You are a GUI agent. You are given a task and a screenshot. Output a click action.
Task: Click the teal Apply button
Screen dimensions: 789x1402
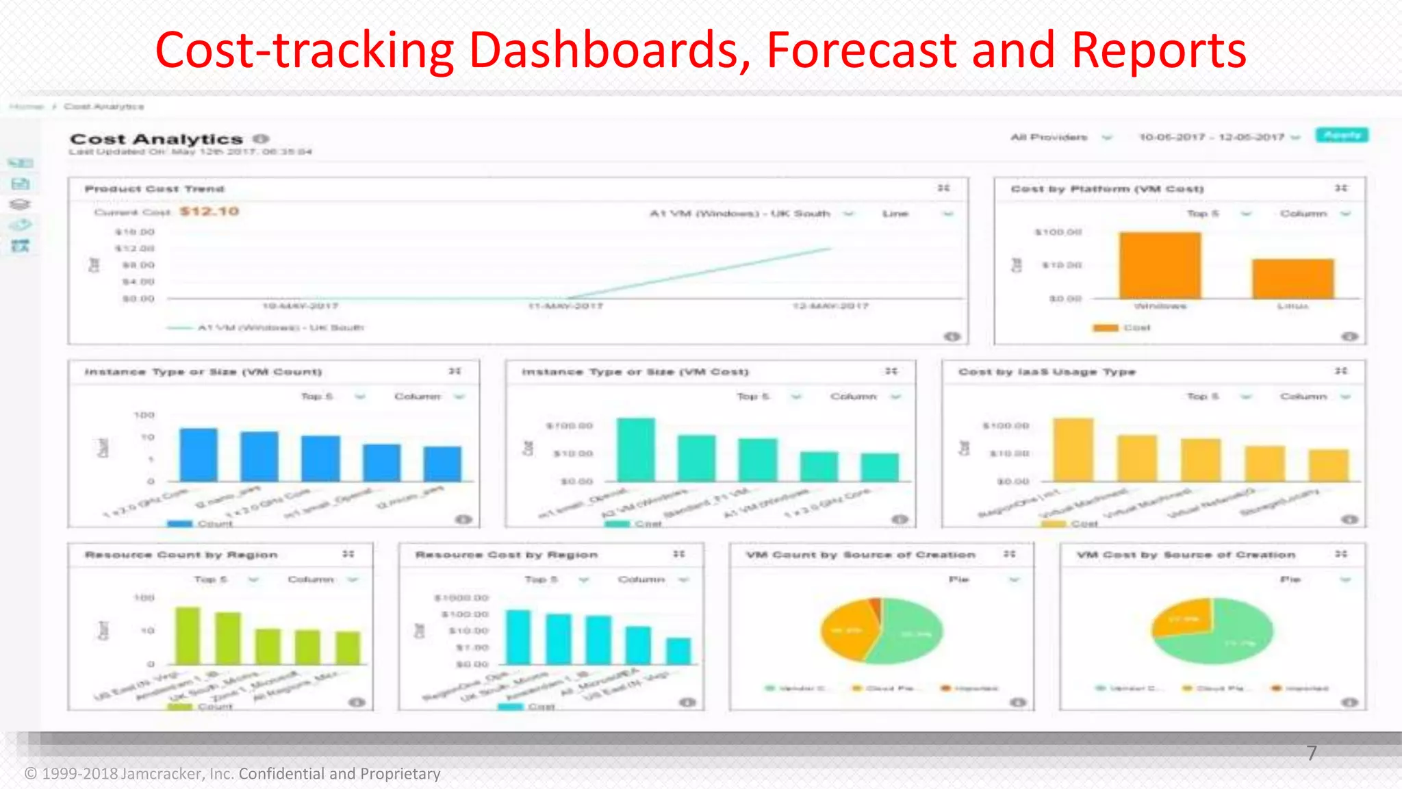point(1342,135)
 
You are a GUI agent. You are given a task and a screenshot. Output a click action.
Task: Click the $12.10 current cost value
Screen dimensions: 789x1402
point(209,211)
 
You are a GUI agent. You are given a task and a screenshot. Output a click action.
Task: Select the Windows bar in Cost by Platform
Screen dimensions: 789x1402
point(1160,266)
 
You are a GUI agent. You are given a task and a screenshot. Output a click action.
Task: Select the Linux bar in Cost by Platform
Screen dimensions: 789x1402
point(1292,279)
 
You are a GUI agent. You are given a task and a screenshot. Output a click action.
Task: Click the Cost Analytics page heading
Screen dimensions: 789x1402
point(156,139)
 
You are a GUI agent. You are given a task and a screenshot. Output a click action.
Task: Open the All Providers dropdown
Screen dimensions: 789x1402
point(1060,137)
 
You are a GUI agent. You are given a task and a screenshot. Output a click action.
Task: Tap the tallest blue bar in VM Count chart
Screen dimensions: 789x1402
point(199,455)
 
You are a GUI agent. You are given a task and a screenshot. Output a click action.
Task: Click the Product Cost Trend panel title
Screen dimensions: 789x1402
point(154,188)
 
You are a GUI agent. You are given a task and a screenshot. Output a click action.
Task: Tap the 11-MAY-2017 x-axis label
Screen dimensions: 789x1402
point(565,306)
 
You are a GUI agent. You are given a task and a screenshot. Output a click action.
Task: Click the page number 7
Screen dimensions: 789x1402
point(1311,753)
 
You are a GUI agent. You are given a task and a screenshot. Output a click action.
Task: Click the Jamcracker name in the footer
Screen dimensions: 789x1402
point(162,774)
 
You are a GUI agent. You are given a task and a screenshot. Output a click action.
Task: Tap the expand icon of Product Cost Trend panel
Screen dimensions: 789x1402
point(943,188)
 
